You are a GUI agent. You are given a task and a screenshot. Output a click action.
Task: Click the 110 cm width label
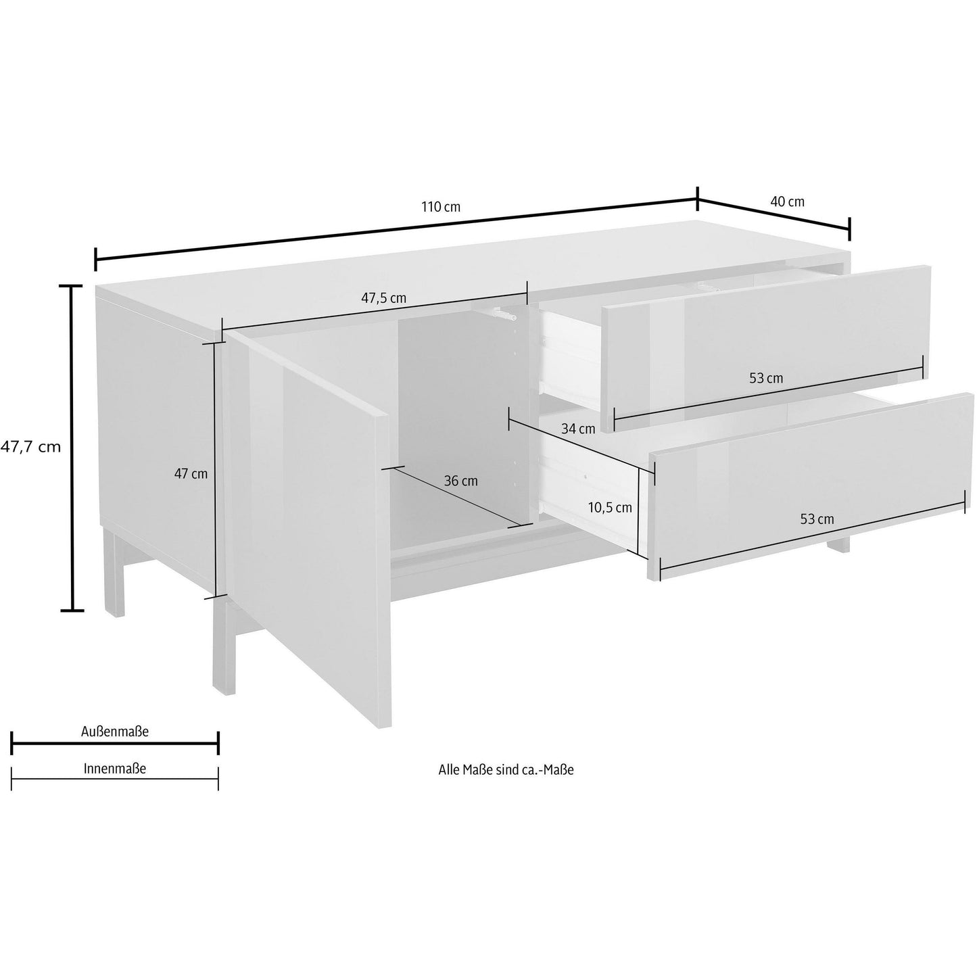click(x=441, y=208)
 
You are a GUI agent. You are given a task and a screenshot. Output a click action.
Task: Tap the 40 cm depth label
click(x=788, y=201)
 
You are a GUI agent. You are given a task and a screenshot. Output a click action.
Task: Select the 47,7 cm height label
click(x=30, y=447)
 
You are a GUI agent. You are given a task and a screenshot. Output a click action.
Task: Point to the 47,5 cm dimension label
click(x=384, y=298)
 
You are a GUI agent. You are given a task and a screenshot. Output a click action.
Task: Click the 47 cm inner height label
click(x=191, y=474)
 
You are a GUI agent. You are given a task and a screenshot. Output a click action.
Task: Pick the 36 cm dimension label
click(x=461, y=481)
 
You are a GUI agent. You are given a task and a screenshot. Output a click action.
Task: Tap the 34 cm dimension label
click(x=578, y=429)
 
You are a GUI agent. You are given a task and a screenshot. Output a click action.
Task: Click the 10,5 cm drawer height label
click(x=610, y=508)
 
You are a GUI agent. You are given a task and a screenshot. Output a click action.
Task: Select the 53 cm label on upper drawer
click(x=766, y=378)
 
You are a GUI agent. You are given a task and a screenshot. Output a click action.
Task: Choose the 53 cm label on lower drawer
click(x=817, y=519)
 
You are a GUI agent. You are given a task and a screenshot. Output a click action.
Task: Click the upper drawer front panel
click(x=765, y=350)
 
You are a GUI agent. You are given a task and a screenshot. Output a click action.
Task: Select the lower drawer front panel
click(x=811, y=487)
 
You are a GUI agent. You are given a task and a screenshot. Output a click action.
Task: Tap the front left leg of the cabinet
click(x=224, y=646)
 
